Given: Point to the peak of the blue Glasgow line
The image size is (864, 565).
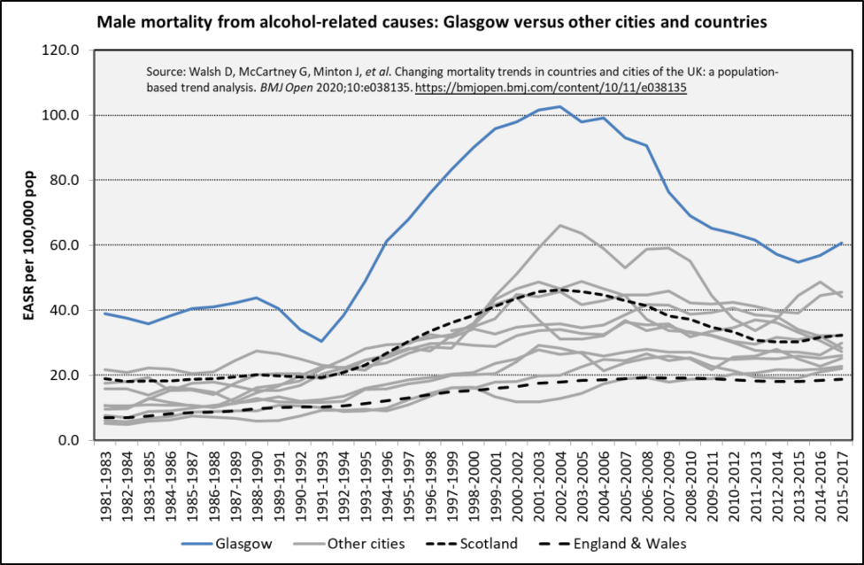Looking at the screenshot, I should (x=559, y=106).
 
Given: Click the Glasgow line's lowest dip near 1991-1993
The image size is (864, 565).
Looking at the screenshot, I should (x=323, y=341).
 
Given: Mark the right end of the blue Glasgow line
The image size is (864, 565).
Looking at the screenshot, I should (x=838, y=243).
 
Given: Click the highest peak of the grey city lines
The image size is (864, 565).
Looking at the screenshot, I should (x=559, y=225).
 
